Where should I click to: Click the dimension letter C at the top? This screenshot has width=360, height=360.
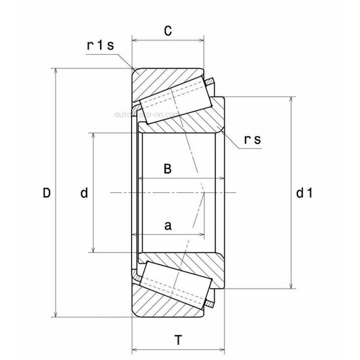point(168,31)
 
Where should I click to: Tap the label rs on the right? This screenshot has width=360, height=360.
point(252,142)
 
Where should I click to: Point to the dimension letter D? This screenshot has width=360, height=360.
point(47,193)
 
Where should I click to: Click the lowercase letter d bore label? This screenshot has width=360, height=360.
point(84,193)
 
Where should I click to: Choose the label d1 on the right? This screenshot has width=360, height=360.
point(304,193)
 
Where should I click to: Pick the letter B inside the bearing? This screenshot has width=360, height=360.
point(167,169)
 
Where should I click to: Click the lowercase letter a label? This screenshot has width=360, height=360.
point(168,225)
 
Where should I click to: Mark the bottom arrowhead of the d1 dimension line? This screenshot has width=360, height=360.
point(290,286)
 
